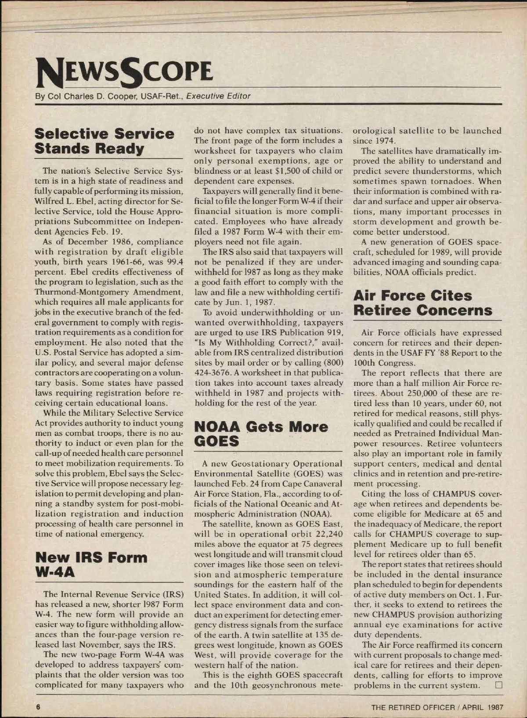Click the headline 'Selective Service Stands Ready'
click(x=104, y=141)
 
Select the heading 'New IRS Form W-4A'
click(x=91, y=565)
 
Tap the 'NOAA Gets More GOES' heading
click(x=261, y=434)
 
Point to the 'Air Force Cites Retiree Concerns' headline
click(x=422, y=303)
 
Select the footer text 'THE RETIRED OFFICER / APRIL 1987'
click(x=437, y=707)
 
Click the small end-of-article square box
click(x=498, y=685)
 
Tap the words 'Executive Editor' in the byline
click(x=218, y=96)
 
